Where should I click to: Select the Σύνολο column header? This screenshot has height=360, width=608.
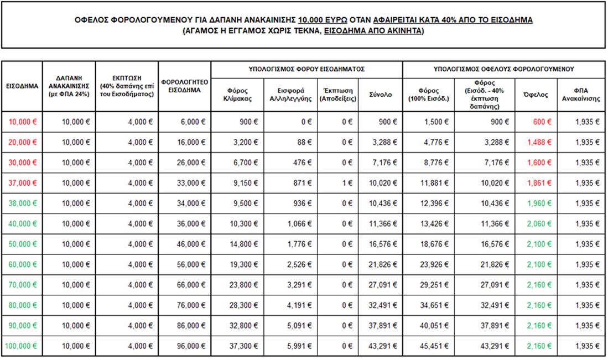(x=380, y=94)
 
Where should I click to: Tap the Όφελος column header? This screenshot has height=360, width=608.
(x=536, y=94)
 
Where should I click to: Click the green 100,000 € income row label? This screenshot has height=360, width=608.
(x=21, y=346)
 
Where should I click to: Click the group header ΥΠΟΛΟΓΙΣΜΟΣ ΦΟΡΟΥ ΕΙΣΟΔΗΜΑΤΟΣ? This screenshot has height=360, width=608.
(x=306, y=69)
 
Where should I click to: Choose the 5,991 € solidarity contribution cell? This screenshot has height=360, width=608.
(x=299, y=346)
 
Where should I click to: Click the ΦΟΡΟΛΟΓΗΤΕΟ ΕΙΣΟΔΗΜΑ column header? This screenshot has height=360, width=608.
(x=184, y=86)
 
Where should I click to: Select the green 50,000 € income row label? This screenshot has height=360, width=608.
(x=23, y=244)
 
